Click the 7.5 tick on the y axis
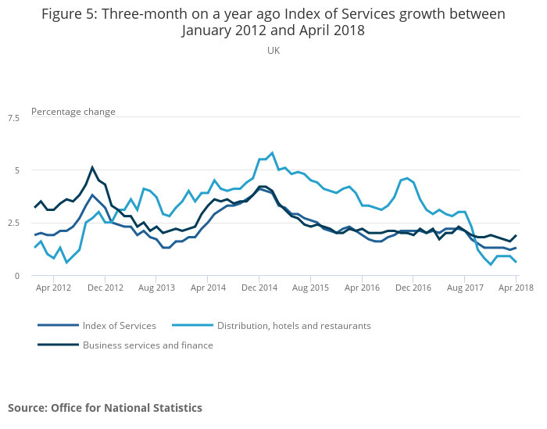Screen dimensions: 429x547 click(13, 117)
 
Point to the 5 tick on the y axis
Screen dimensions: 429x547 click(16, 170)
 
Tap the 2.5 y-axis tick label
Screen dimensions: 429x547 click(13, 223)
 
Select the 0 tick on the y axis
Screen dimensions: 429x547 click(16, 275)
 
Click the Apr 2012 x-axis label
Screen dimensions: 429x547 click(54, 288)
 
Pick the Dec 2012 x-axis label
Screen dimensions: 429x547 click(105, 288)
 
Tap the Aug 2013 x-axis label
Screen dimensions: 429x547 click(156, 288)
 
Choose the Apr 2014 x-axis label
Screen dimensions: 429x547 click(208, 288)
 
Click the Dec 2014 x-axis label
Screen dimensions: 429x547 click(259, 288)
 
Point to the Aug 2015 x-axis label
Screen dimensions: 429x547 click(310, 288)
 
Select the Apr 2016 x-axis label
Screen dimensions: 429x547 click(362, 288)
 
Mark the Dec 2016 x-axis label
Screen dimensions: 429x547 click(413, 288)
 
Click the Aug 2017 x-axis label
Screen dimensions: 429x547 click(464, 288)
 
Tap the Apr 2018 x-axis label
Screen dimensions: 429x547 click(516, 288)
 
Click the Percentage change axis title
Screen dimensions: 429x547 click(73, 112)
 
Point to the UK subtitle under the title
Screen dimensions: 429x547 click(273, 50)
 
